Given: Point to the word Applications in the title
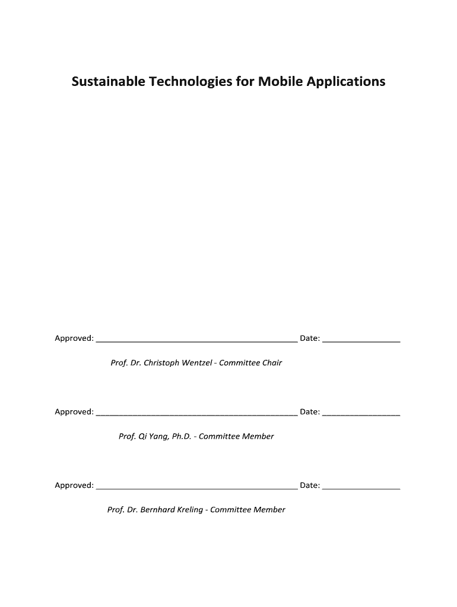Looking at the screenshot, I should [347, 82].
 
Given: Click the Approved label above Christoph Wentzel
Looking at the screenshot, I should [74, 338].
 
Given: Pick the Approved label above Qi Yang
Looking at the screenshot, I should [74, 412].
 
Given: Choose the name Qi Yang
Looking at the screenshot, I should [153, 436].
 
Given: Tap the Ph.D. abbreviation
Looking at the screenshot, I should [181, 436].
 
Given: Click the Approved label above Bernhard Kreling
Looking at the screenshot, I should [74, 485].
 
